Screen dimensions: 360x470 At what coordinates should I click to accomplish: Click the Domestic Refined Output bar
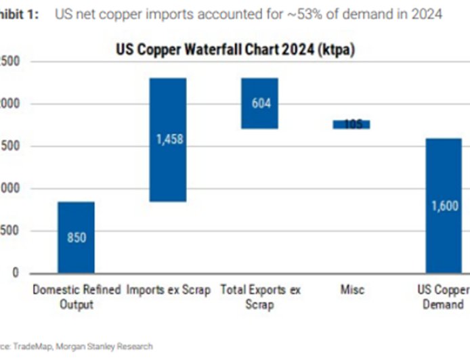pyautogui.click(x=76, y=223)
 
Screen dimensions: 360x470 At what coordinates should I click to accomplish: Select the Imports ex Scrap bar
pyautogui.click(x=168, y=169)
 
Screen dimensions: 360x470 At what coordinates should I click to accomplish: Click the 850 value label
pyautogui.click(x=76, y=238)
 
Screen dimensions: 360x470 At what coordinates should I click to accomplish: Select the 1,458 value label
pyautogui.click(x=168, y=140)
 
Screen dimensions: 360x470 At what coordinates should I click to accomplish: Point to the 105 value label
pyautogui.click(x=352, y=125)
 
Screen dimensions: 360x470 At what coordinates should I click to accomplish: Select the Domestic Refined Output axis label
pyautogui.click(x=76, y=297)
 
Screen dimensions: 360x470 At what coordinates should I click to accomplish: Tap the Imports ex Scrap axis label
pyautogui.click(x=168, y=290)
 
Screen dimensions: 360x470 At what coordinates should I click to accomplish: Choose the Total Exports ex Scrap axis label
pyautogui.click(x=260, y=297)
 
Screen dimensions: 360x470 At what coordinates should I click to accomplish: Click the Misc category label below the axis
pyautogui.click(x=352, y=290)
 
